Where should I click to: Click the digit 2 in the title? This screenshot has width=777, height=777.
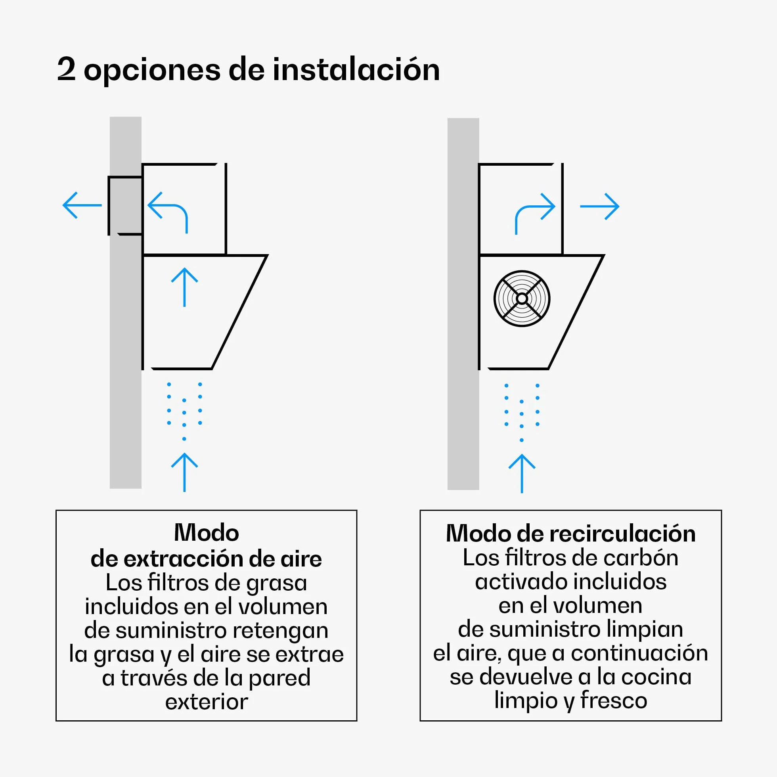click(66, 69)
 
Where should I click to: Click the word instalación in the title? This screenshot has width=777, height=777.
click(356, 69)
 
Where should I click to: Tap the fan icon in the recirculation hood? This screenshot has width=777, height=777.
click(522, 299)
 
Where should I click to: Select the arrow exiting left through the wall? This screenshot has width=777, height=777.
click(82, 205)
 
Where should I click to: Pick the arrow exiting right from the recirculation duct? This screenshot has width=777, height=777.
click(599, 206)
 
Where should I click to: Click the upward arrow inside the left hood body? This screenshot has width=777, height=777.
click(184, 287)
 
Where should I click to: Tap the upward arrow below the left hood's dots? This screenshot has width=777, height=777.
click(184, 472)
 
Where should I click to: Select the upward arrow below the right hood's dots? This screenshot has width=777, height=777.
click(522, 473)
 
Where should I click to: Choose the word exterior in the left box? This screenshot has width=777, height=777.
click(206, 702)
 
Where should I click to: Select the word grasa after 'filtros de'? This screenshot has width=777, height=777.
click(277, 584)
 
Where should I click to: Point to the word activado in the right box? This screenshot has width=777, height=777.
click(521, 582)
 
